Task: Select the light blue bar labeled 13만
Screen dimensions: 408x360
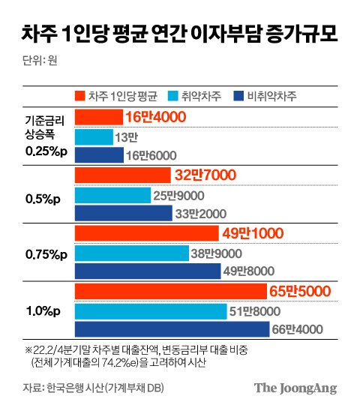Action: pyautogui.click(x=93, y=136)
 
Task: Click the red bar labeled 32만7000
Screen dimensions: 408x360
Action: pyautogui.click(x=124, y=175)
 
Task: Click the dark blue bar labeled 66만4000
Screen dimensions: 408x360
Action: pyautogui.click(x=172, y=328)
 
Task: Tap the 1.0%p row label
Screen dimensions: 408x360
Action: pyautogui.click(x=39, y=310)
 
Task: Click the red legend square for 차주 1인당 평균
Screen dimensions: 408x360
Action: pyautogui.click(x=80, y=95)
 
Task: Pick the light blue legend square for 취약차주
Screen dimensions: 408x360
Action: pyautogui.click(x=175, y=95)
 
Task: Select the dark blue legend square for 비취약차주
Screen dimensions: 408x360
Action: pyautogui.click(x=238, y=95)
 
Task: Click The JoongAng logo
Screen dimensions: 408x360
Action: pyautogui.click(x=295, y=388)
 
